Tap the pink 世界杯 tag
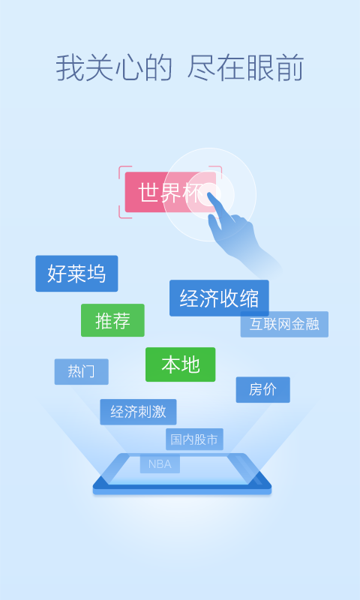pos(170,192)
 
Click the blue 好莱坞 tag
pos(76,274)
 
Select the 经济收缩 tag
pos(219,298)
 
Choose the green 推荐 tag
pos(112,320)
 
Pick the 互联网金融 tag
pos(284,324)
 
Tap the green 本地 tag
pos(180,364)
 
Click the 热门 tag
pos(82,371)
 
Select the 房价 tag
pos(262,389)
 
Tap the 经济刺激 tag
pos(138,412)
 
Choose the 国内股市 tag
pos(194,439)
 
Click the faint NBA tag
pos(160,463)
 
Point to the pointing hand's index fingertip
pos(209,194)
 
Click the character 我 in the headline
pos(70,68)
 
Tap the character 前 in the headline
pos(289,68)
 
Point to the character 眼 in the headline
pos(260,68)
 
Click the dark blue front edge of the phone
pos(182,488)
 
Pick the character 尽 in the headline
pos(201,68)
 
